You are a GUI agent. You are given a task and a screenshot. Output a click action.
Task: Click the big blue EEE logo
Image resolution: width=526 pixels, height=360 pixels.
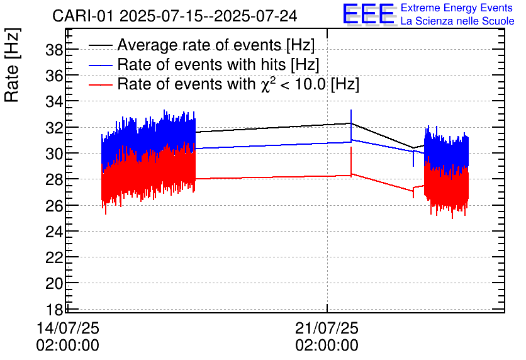pos(369,14)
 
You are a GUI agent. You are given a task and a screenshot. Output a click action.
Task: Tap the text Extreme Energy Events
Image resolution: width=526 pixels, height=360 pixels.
pos(457,8)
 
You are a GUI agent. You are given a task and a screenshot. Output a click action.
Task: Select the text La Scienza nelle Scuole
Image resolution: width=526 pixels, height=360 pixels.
pos(457,21)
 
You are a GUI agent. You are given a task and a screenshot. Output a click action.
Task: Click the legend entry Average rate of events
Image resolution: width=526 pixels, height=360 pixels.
pos(216,45)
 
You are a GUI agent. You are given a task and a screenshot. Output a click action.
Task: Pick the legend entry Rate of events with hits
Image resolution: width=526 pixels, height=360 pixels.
pos(218,64)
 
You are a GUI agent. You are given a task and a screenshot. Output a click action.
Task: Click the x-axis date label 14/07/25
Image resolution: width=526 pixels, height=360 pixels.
pos(68,329)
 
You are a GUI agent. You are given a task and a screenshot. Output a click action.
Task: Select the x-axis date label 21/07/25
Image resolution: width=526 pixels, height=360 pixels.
pos(327,329)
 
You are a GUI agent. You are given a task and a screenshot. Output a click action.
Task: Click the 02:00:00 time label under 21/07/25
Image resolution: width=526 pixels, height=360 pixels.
pos(327,346)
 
